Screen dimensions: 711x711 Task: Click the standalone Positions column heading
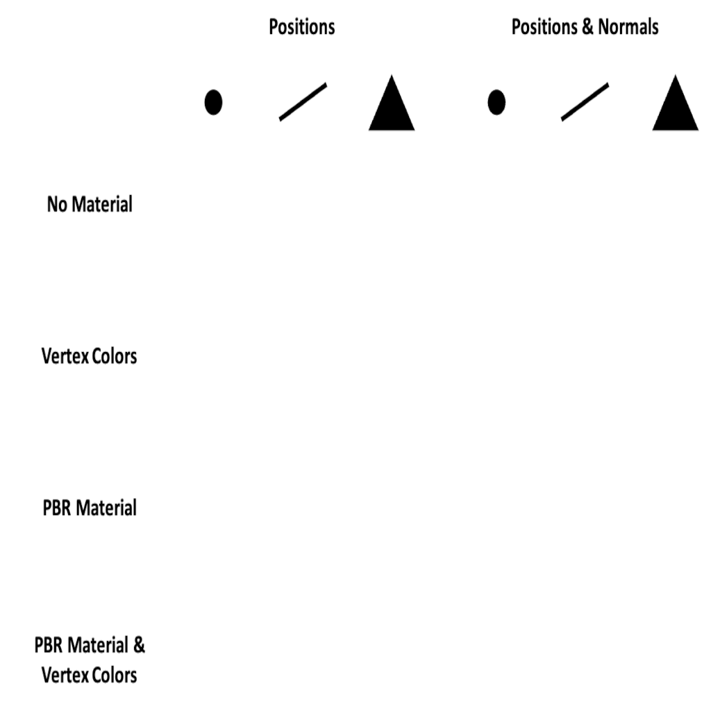302,27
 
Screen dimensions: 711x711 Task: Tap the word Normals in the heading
628,27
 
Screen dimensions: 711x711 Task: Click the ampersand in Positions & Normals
587,27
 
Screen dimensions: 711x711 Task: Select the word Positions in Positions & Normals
544,27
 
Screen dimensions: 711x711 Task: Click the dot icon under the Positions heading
214,102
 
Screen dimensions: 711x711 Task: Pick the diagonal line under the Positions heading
303,102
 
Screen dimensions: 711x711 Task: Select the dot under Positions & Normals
496,102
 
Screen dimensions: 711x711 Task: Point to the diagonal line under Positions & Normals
585,102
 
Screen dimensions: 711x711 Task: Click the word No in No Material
57,205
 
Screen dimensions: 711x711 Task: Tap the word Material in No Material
103,205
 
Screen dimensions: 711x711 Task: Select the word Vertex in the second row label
65,356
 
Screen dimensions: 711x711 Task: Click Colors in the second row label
115,356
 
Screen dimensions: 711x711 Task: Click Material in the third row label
106,508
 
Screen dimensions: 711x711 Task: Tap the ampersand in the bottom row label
139,645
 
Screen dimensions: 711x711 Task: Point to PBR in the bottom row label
49,646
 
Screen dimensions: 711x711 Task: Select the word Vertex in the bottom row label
65,676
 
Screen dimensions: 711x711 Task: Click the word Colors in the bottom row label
115,676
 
